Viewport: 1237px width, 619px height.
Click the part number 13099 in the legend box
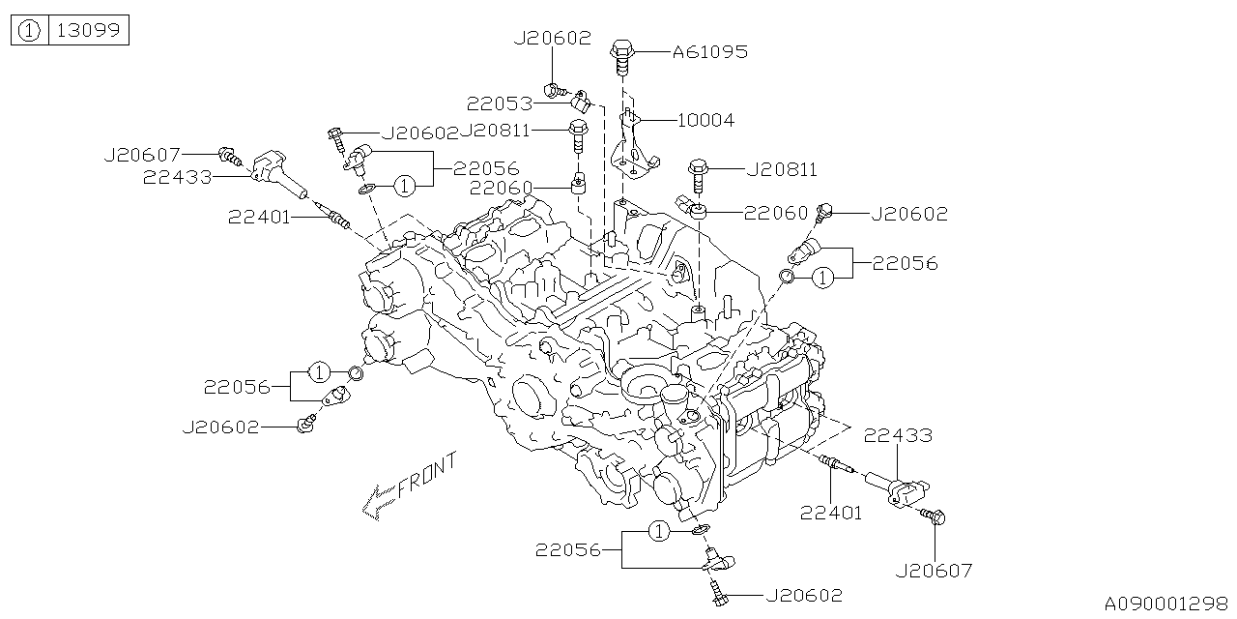point(88,31)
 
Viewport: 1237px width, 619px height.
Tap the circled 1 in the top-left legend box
point(30,31)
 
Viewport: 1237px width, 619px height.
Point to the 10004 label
point(705,121)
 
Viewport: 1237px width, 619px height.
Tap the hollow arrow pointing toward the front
point(377,502)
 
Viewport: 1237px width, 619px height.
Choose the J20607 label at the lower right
point(934,571)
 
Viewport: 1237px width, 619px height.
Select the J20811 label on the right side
point(781,170)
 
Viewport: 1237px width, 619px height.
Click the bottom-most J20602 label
point(804,596)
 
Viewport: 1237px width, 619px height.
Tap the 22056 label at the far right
point(905,263)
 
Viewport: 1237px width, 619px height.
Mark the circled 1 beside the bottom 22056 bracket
point(658,531)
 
